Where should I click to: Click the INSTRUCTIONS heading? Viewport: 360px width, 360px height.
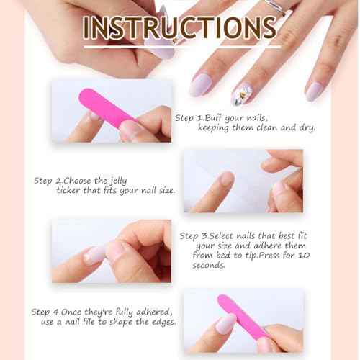(179, 28)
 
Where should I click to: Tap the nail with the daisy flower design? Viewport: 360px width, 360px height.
(242, 94)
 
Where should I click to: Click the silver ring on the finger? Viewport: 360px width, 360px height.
(276, 5)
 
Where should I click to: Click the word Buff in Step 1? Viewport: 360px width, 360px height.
(214, 118)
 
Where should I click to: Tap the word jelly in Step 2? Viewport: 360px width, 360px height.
(118, 181)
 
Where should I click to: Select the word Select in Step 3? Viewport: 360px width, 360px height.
(222, 236)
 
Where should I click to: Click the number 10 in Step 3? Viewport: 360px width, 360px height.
(304, 255)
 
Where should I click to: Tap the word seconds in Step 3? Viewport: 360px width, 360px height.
(209, 265)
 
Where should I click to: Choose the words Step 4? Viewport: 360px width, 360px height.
(45, 312)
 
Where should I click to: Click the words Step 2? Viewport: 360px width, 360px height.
(48, 181)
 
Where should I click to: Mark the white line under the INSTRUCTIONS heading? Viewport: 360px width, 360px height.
(182, 47)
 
